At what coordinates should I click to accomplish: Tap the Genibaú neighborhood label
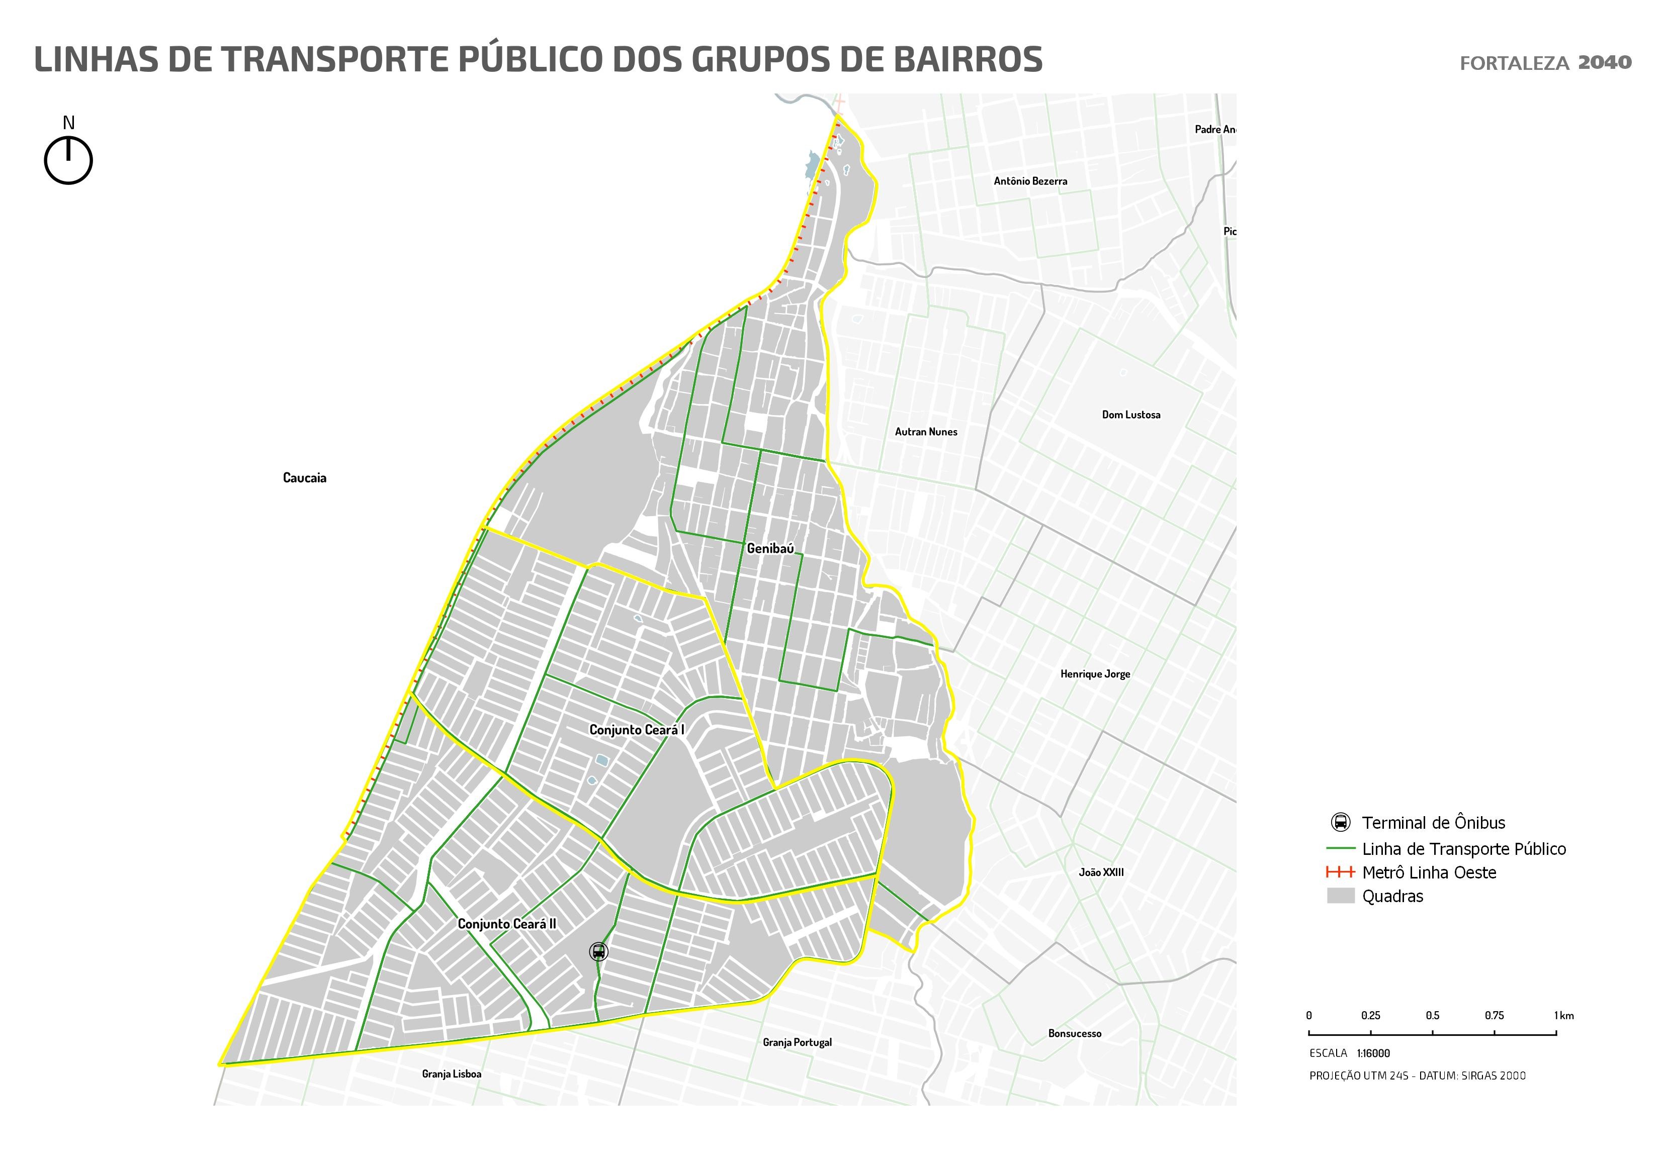point(770,549)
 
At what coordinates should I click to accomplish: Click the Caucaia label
point(304,478)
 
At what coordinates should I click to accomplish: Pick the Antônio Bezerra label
point(1030,181)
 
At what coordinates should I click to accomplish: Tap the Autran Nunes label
point(926,432)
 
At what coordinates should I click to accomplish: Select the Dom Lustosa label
point(1130,415)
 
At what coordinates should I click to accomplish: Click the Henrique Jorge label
point(1095,674)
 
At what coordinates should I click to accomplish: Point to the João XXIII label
point(1101,872)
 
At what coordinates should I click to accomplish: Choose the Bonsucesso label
point(1074,1034)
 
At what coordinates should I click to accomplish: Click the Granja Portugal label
point(797,1042)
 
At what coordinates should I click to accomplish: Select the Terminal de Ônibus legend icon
point(1340,822)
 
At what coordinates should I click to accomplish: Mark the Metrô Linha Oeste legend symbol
point(1340,872)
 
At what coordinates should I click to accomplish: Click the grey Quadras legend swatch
point(1340,896)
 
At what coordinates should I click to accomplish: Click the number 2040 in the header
point(1604,62)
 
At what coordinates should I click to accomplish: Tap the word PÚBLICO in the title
point(533,59)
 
